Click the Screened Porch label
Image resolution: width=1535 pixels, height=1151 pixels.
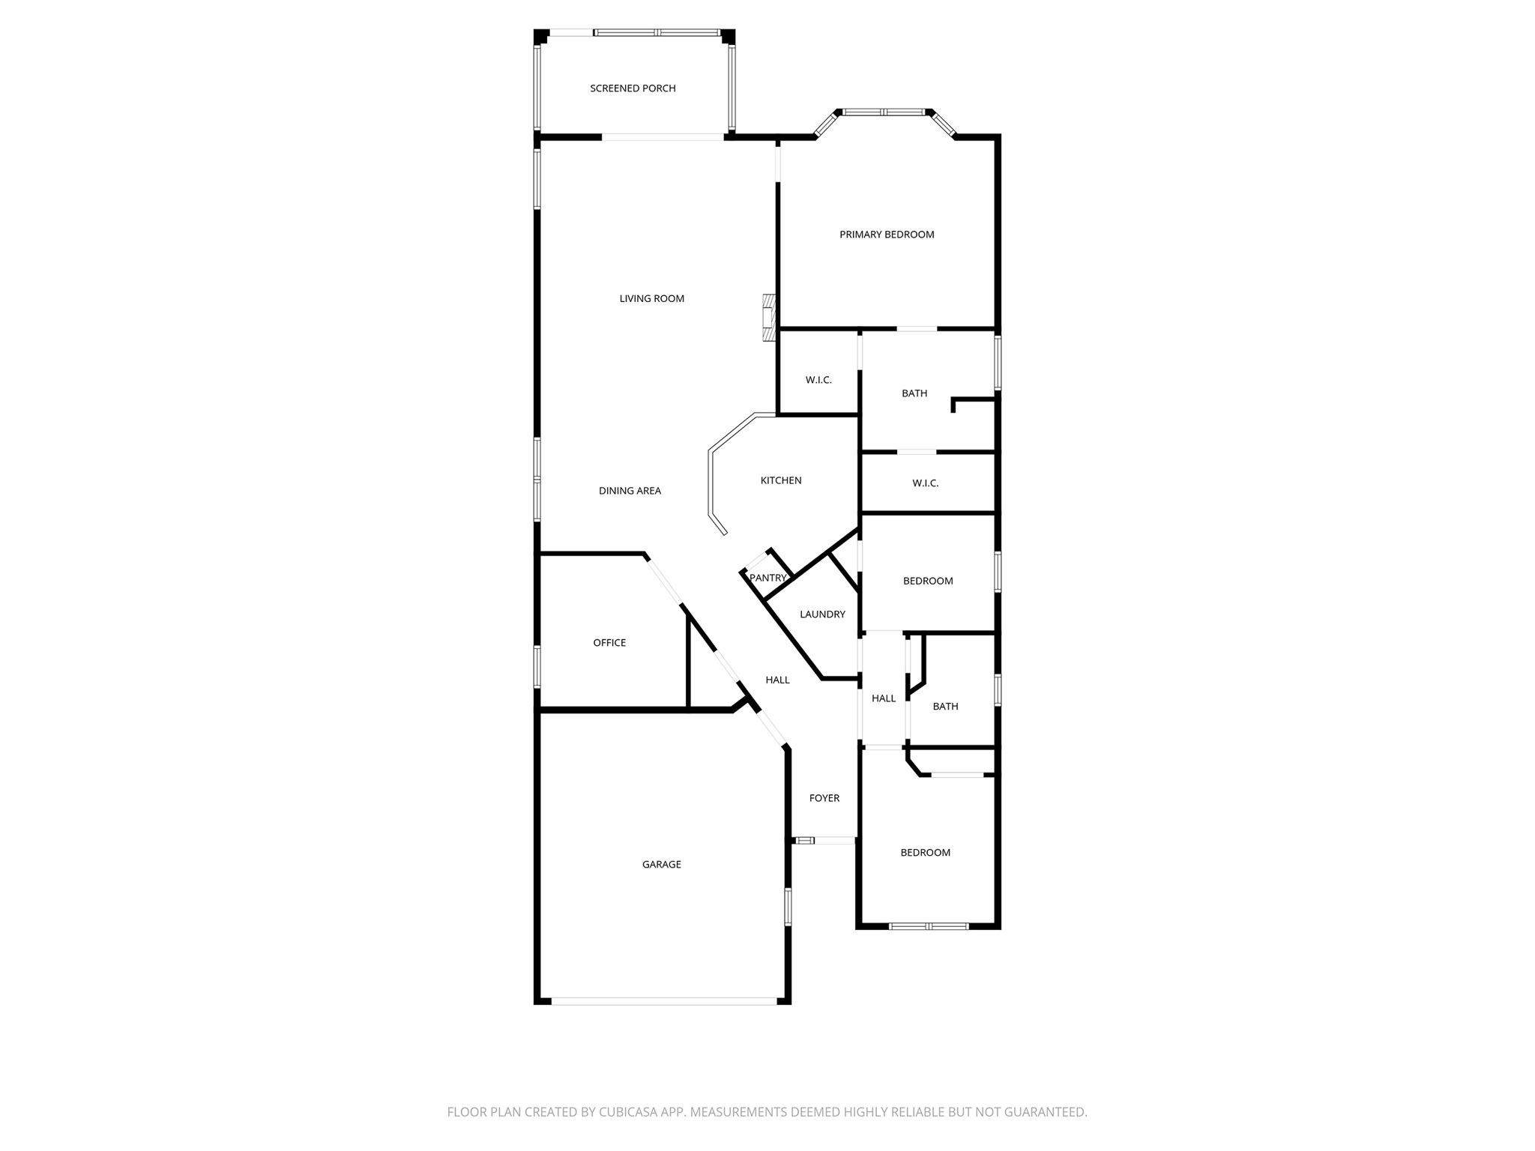(633, 88)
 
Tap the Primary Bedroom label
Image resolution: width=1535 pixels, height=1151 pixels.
(887, 235)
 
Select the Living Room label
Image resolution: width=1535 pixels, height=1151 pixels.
(651, 298)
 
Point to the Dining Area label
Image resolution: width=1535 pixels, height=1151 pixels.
(630, 491)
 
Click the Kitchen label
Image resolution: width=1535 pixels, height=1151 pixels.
(781, 480)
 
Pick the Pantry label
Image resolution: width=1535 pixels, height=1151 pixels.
(767, 578)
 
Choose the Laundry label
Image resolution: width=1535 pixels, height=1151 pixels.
(822, 614)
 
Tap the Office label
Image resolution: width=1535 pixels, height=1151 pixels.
(609, 643)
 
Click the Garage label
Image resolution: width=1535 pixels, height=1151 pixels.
(661, 865)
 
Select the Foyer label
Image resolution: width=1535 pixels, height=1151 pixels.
(824, 798)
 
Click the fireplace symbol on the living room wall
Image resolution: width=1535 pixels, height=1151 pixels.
(768, 318)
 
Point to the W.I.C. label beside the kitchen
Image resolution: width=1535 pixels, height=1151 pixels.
(818, 380)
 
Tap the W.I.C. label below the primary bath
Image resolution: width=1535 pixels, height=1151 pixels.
(925, 483)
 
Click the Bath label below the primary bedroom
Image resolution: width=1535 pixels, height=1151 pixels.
(914, 393)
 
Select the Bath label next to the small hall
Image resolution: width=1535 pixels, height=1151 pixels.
(945, 707)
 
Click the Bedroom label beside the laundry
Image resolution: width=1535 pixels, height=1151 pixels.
(928, 581)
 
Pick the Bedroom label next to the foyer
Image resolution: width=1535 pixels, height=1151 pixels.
(925, 853)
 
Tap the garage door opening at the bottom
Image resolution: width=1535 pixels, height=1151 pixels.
(664, 1000)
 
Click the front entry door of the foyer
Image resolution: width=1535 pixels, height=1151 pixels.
(824, 841)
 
